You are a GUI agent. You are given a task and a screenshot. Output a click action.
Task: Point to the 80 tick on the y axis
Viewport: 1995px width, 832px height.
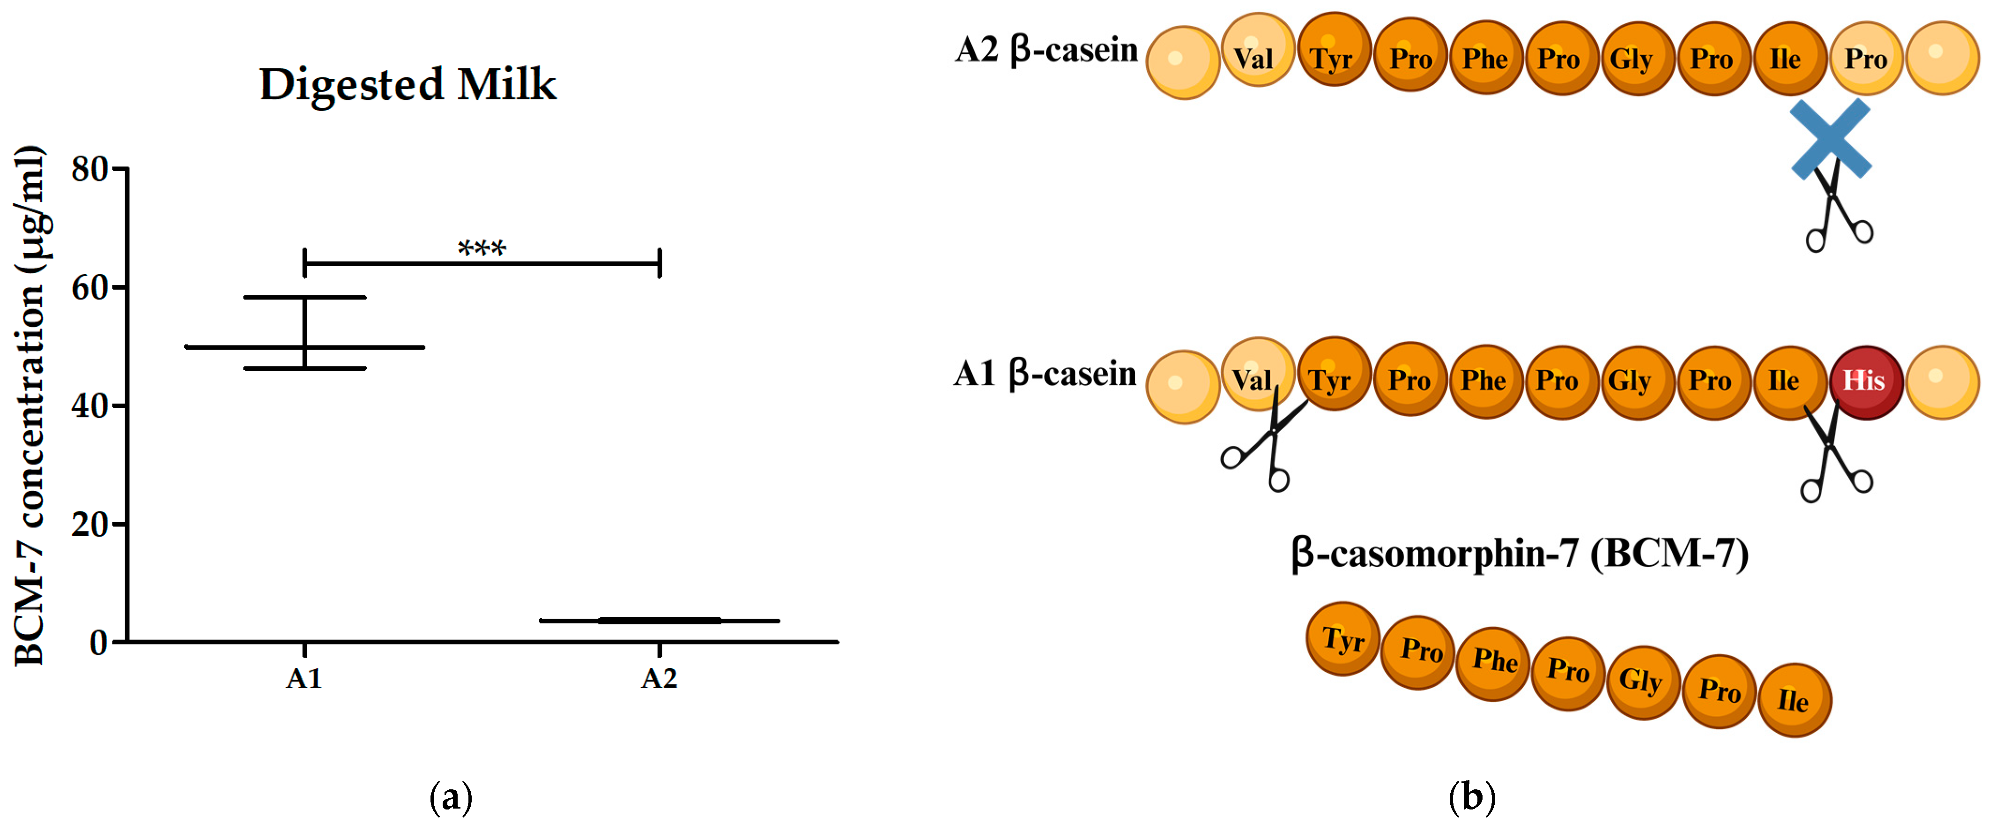click(90, 169)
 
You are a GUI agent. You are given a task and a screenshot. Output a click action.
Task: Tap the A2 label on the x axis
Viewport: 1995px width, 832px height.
click(659, 679)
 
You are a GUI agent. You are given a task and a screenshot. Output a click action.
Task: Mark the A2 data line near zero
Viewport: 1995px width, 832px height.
click(659, 621)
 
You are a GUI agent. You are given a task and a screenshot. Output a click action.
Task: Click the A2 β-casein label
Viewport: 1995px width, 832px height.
click(1046, 50)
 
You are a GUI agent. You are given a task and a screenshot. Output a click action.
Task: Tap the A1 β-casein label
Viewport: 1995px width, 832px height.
click(1044, 374)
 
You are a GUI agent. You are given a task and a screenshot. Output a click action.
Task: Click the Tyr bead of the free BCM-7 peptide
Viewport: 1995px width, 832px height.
click(1342, 639)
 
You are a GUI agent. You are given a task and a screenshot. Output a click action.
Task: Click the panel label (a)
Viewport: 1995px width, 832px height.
click(450, 797)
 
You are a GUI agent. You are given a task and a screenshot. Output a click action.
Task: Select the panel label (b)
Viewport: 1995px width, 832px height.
click(1471, 797)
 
